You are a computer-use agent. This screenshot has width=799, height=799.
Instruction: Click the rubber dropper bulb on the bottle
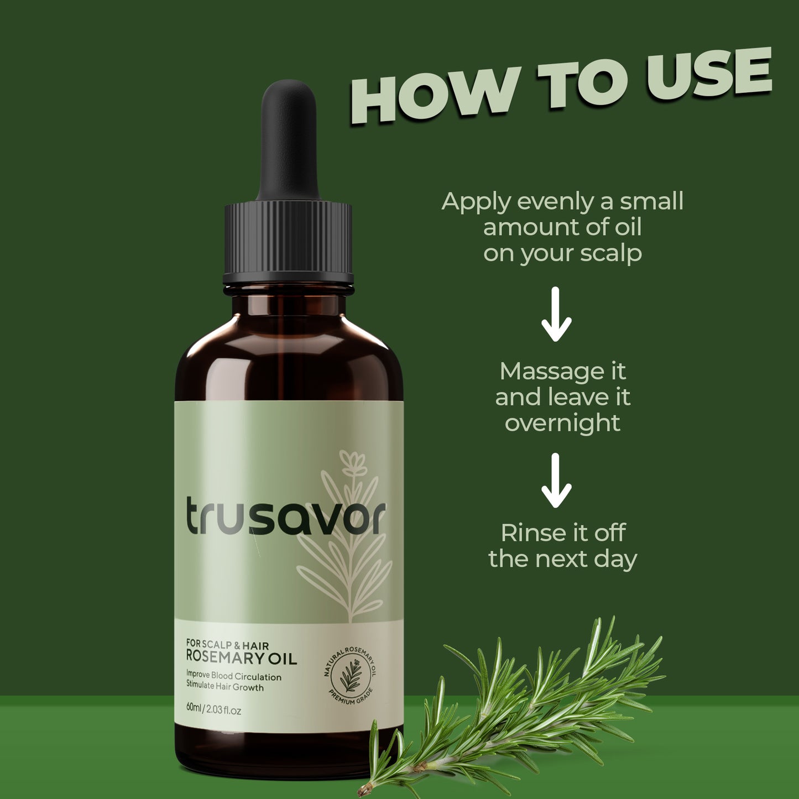289,138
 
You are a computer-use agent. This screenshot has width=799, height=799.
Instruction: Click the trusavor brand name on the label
285,516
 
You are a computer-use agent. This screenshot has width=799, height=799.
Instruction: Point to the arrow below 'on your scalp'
556,314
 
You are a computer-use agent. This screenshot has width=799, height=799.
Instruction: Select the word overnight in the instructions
562,423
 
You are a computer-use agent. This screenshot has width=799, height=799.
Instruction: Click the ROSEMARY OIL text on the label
242,658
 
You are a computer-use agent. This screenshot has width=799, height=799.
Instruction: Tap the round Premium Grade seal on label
350,673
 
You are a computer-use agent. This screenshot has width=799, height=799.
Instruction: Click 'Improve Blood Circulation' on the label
233,677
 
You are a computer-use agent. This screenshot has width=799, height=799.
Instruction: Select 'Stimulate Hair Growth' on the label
224,687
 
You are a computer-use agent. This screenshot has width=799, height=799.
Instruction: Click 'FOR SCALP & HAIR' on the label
227,645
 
